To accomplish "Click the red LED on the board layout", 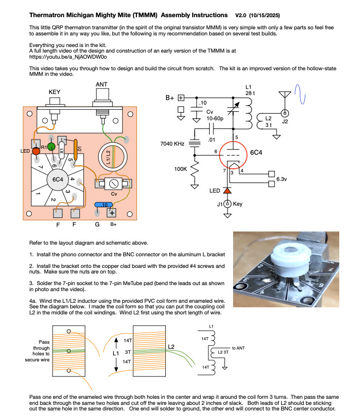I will [36, 151].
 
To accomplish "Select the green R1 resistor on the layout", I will [51, 147].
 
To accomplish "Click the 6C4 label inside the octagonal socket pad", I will [58, 179].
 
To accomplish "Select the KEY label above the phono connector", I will [54, 92].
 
